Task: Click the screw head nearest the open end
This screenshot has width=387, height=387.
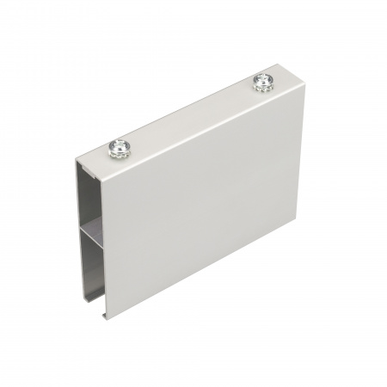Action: click(x=118, y=148)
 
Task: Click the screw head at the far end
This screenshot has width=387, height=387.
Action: click(x=261, y=82)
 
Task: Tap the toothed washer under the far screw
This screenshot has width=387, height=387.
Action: click(x=261, y=86)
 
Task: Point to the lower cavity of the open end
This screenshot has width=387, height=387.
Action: click(x=93, y=258)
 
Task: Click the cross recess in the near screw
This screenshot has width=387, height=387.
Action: click(x=118, y=147)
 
